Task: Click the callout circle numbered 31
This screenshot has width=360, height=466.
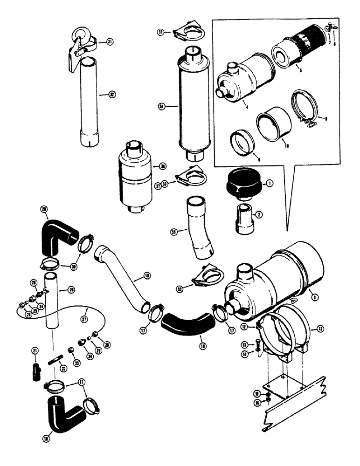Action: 110,42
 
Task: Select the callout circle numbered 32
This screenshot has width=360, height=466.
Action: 111,94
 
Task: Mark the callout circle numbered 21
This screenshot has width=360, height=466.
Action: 35,350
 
